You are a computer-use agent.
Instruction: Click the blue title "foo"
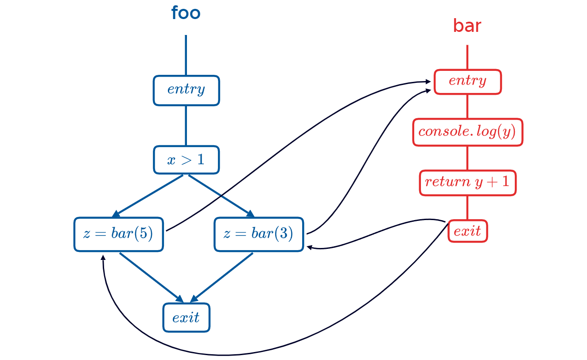(186, 13)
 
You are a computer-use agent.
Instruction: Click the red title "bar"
(467, 27)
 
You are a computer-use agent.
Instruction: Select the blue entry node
(187, 90)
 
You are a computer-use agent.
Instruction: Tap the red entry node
(467, 81)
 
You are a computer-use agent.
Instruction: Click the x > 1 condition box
(187, 159)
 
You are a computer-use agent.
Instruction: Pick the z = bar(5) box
(118, 234)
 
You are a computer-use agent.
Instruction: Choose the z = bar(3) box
(259, 234)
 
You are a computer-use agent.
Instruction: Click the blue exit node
(186, 317)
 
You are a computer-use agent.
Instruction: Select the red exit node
(468, 231)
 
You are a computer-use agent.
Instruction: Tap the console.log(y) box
(467, 132)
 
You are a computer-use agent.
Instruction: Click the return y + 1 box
(467, 182)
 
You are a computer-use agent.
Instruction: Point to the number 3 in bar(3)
(284, 234)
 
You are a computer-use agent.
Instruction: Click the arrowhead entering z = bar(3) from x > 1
(250, 214)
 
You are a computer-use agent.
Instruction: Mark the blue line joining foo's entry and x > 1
(186, 126)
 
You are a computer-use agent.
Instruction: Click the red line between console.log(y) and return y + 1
(467, 158)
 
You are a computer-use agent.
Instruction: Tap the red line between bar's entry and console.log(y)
(467, 106)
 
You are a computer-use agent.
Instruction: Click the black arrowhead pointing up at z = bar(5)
(103, 257)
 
